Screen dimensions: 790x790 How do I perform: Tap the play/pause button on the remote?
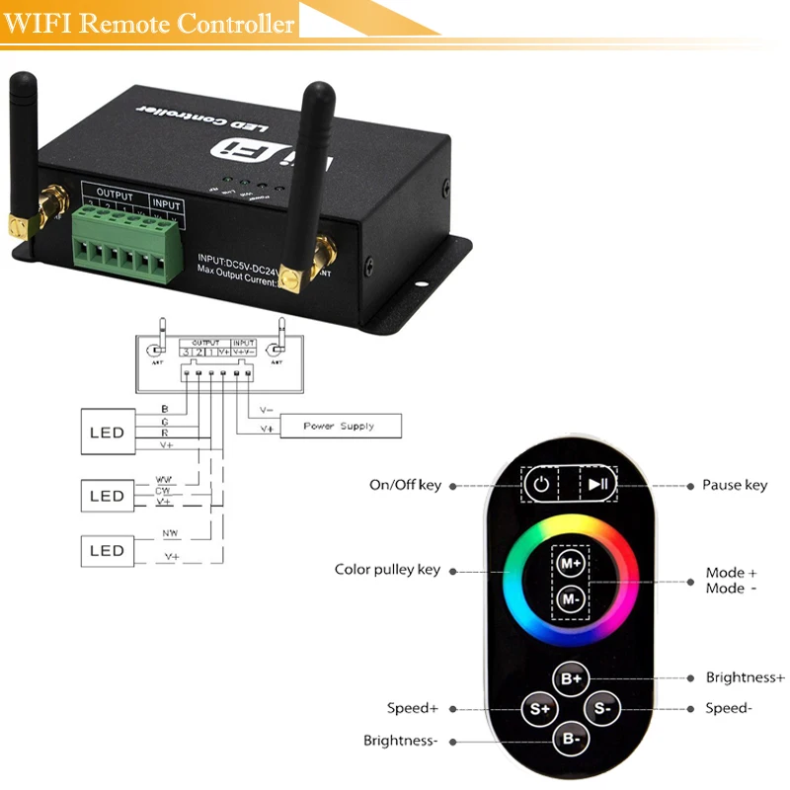click(597, 485)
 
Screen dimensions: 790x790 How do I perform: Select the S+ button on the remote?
click(539, 708)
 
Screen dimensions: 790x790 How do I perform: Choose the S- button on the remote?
click(602, 708)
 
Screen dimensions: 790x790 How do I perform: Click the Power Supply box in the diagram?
click(341, 426)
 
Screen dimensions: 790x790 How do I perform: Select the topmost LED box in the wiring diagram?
click(107, 433)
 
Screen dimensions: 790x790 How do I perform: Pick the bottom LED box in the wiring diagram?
click(107, 551)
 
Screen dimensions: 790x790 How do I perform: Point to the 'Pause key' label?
click(735, 486)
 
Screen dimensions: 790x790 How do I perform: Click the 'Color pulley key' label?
click(387, 570)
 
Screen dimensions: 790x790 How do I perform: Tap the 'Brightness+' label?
click(745, 677)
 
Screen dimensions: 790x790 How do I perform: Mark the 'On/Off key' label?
click(405, 486)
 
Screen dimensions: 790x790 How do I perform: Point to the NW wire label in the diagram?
click(170, 533)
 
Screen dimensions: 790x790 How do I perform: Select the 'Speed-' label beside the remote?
click(729, 708)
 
